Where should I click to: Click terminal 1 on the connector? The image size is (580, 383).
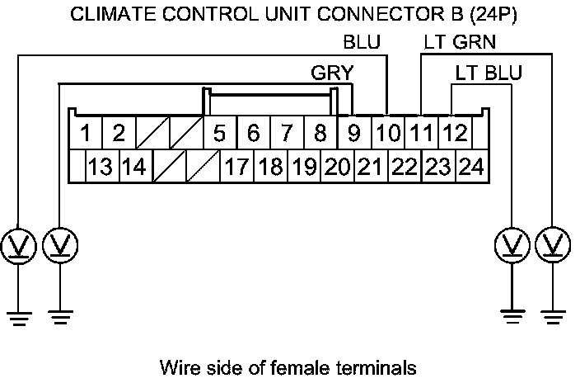pos(86,132)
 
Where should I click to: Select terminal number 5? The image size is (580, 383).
pos(219,132)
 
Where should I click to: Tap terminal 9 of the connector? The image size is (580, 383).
pos(354,132)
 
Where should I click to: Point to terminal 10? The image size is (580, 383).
pos(387,132)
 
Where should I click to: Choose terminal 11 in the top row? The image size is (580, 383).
pos(421,132)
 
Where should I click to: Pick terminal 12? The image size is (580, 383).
pos(454,132)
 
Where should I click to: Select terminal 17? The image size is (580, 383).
pos(236,168)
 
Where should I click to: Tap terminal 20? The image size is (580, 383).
pos(336,168)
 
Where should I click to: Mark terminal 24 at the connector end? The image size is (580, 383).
pos(470,168)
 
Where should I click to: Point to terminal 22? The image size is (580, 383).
pos(404,168)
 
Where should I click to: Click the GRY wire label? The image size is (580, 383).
pos(331,73)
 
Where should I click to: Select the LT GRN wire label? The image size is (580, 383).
pos(460,42)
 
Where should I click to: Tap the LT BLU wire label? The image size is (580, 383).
pos(489,73)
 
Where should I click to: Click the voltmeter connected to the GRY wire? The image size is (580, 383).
pos(59,245)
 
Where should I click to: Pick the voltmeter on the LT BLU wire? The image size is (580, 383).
pos(511,245)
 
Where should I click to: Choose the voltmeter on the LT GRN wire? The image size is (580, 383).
pos(551,245)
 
